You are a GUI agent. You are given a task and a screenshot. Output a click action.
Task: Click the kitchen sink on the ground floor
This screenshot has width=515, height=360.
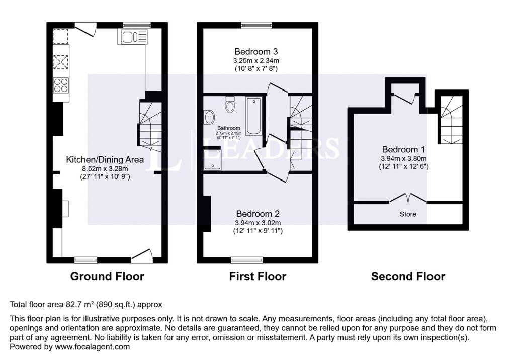(133, 37)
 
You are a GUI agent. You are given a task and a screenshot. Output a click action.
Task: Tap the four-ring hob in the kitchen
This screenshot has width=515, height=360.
(61, 85)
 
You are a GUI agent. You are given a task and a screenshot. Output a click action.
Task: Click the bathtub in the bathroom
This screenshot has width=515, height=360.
(254, 116)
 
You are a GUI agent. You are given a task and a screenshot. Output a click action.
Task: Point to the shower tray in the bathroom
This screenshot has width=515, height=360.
(213, 160)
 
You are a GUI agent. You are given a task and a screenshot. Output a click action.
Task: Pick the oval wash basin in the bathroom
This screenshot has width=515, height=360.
(209, 117)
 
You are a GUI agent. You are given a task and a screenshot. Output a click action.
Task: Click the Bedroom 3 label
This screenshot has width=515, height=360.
(256, 52)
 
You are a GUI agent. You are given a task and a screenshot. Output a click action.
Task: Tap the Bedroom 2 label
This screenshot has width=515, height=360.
(258, 214)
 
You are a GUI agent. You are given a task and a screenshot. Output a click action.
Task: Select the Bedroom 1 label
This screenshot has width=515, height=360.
(404, 149)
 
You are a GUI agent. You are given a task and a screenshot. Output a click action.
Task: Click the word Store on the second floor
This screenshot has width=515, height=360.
(408, 214)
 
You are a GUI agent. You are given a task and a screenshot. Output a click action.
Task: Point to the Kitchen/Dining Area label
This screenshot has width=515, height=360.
(105, 159)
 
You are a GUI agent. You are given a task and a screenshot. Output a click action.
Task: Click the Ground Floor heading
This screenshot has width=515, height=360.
(107, 276)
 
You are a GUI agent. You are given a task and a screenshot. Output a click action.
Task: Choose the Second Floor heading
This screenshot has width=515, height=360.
(408, 276)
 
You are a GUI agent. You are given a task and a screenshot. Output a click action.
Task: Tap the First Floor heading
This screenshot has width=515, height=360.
(257, 276)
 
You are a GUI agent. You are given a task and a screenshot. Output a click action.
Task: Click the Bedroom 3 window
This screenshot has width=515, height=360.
(256, 25)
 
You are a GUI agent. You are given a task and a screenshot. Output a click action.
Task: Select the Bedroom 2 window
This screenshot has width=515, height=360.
(246, 260)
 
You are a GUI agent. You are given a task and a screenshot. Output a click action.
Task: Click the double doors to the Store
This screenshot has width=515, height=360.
(408, 199)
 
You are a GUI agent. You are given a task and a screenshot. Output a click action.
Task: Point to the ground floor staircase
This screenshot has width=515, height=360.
(150, 124)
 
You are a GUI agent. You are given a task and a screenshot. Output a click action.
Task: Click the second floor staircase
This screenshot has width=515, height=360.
(451, 120)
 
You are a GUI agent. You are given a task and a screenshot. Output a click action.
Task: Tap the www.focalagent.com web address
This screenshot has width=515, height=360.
(93, 347)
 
